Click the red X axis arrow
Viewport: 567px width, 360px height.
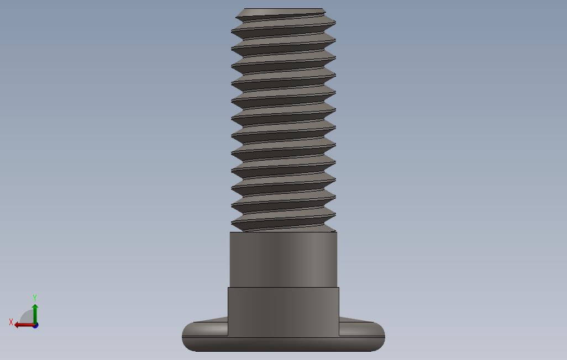[x=24, y=325]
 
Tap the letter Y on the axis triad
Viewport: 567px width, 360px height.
[x=35, y=298]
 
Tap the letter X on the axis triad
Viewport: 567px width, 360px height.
[x=11, y=322]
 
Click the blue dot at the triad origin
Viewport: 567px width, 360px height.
[x=35, y=326]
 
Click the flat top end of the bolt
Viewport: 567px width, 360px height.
[x=284, y=9]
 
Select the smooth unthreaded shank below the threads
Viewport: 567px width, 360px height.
[x=283, y=260]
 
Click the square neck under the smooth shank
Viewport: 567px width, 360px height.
[x=283, y=312]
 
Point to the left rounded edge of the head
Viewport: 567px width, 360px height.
[x=187, y=336]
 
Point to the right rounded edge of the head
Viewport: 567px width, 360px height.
[x=379, y=336]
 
